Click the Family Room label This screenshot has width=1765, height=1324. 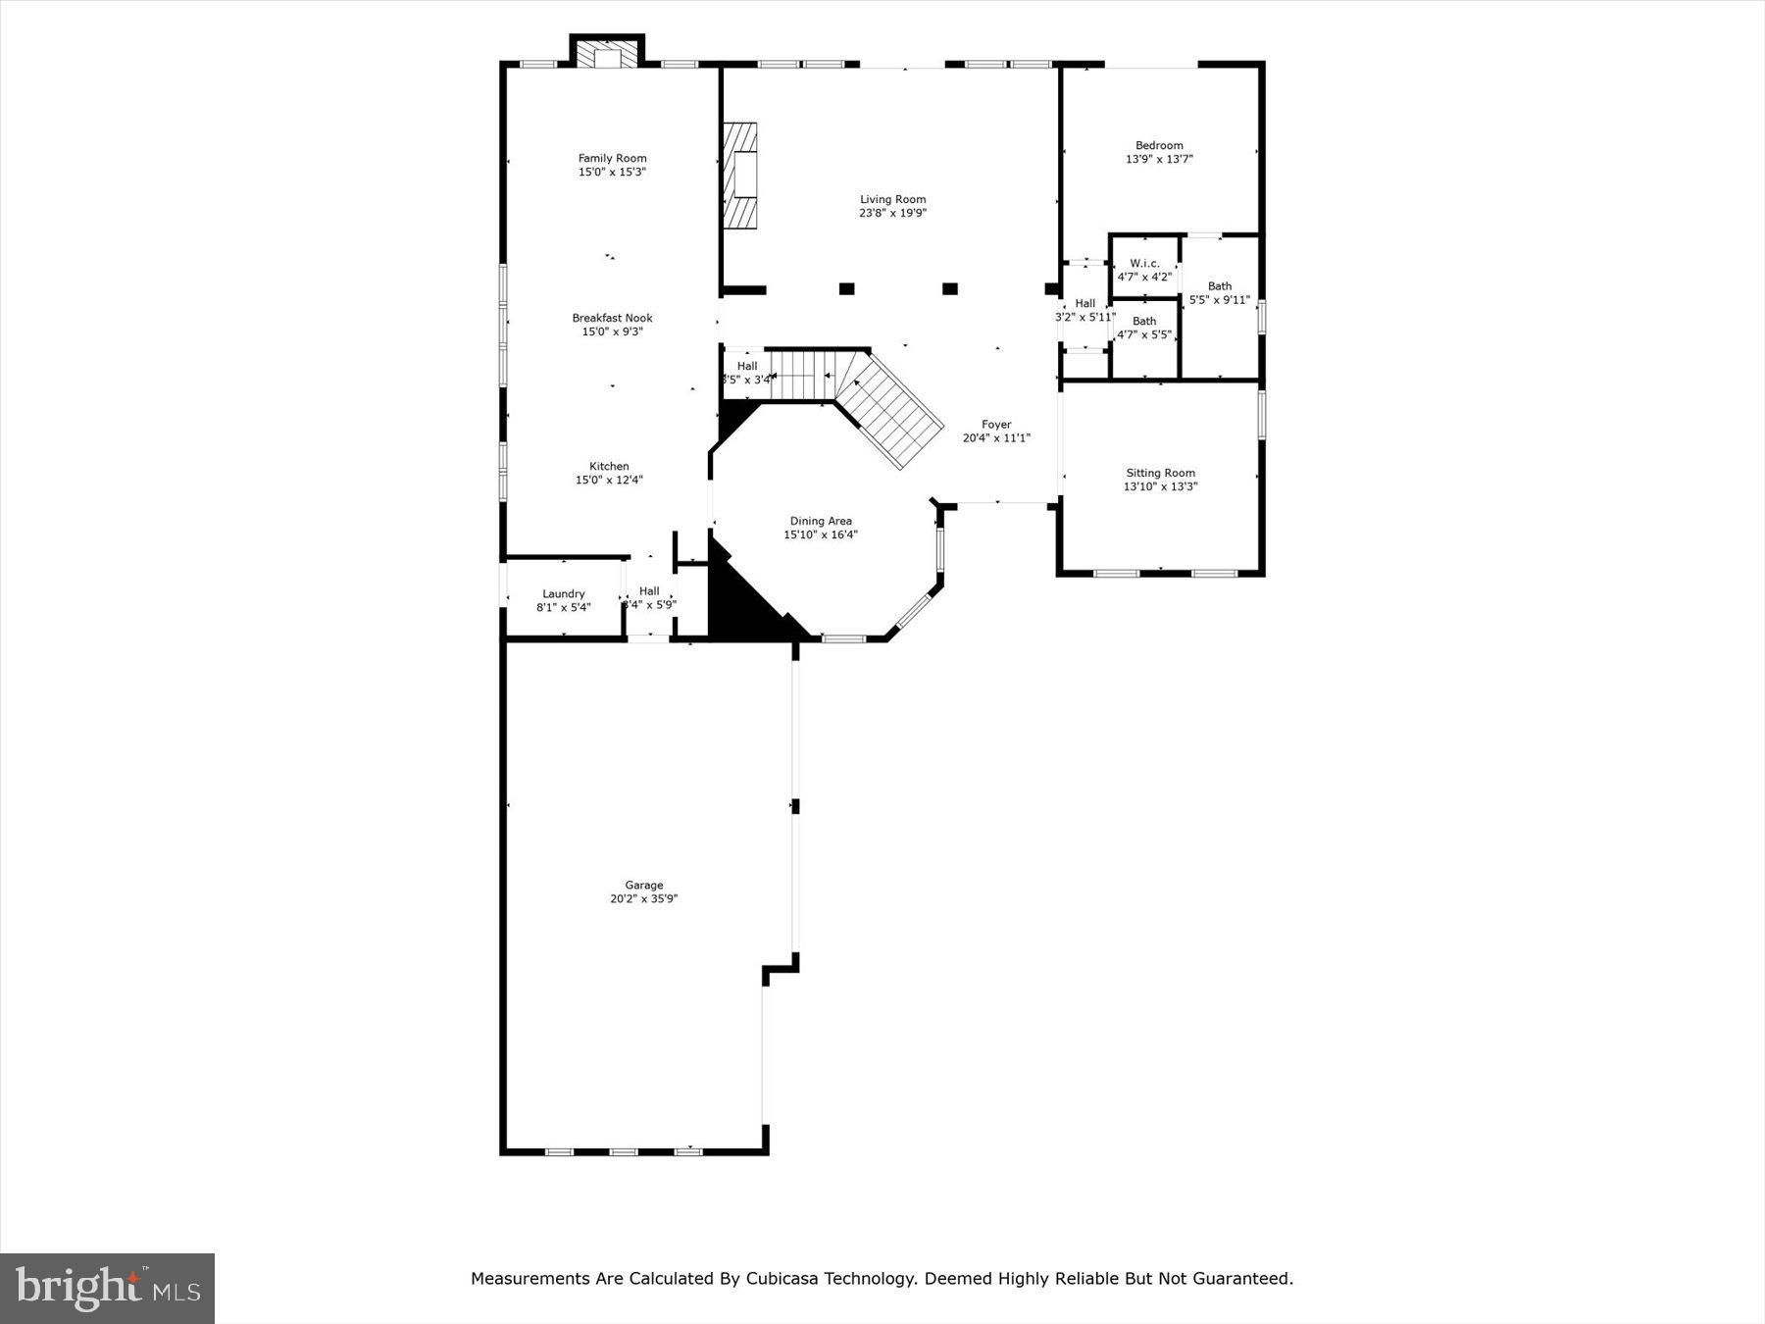tap(612, 158)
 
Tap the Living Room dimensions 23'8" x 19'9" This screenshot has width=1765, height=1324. tap(892, 213)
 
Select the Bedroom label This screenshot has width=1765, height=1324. tap(1159, 145)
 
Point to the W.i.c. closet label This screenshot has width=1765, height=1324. tap(1144, 263)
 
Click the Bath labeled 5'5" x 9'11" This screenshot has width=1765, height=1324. tap(1219, 293)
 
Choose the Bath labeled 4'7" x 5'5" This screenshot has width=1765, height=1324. tap(1144, 328)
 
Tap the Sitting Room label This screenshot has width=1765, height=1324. tap(1160, 473)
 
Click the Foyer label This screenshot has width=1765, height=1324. tap(996, 425)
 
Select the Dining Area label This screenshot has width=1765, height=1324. tap(821, 521)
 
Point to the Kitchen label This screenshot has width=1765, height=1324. tap(609, 466)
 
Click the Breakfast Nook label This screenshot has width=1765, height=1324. tap(612, 318)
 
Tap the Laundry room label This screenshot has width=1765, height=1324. tap(563, 593)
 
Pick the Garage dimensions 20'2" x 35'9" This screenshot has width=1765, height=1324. tap(643, 898)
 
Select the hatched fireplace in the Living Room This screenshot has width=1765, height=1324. tap(741, 177)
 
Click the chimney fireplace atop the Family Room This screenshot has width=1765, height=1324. tap(608, 54)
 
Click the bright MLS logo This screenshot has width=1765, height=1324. tap(108, 1288)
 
